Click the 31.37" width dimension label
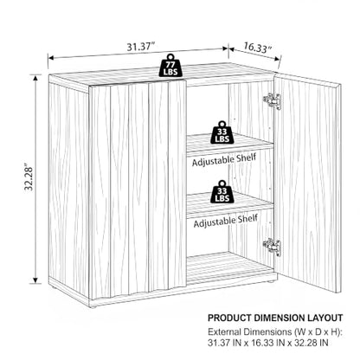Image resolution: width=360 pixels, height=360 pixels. (141, 47)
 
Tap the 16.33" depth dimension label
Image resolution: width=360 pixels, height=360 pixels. (257, 48)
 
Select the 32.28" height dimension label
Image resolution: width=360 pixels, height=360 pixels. (29, 177)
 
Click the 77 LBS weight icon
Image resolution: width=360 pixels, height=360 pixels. (170, 65)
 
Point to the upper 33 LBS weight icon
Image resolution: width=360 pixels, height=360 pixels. (222, 132)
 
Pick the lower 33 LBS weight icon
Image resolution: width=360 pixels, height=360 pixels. (222, 192)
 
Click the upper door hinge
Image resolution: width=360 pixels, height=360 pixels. (272, 101)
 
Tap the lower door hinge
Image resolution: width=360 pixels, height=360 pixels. (272, 247)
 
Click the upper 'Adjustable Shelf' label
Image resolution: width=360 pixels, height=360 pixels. (224, 160)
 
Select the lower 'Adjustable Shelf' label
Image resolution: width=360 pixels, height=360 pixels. (226, 221)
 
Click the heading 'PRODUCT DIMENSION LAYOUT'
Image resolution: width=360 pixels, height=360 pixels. (275, 318)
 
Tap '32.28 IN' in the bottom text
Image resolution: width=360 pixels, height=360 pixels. (307, 344)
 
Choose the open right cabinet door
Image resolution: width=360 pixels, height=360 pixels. (308, 181)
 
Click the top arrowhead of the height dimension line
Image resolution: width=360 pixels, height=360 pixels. (35, 78)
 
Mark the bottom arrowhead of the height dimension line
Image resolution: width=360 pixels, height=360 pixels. (35, 280)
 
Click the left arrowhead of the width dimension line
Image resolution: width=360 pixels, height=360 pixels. (51, 58)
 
